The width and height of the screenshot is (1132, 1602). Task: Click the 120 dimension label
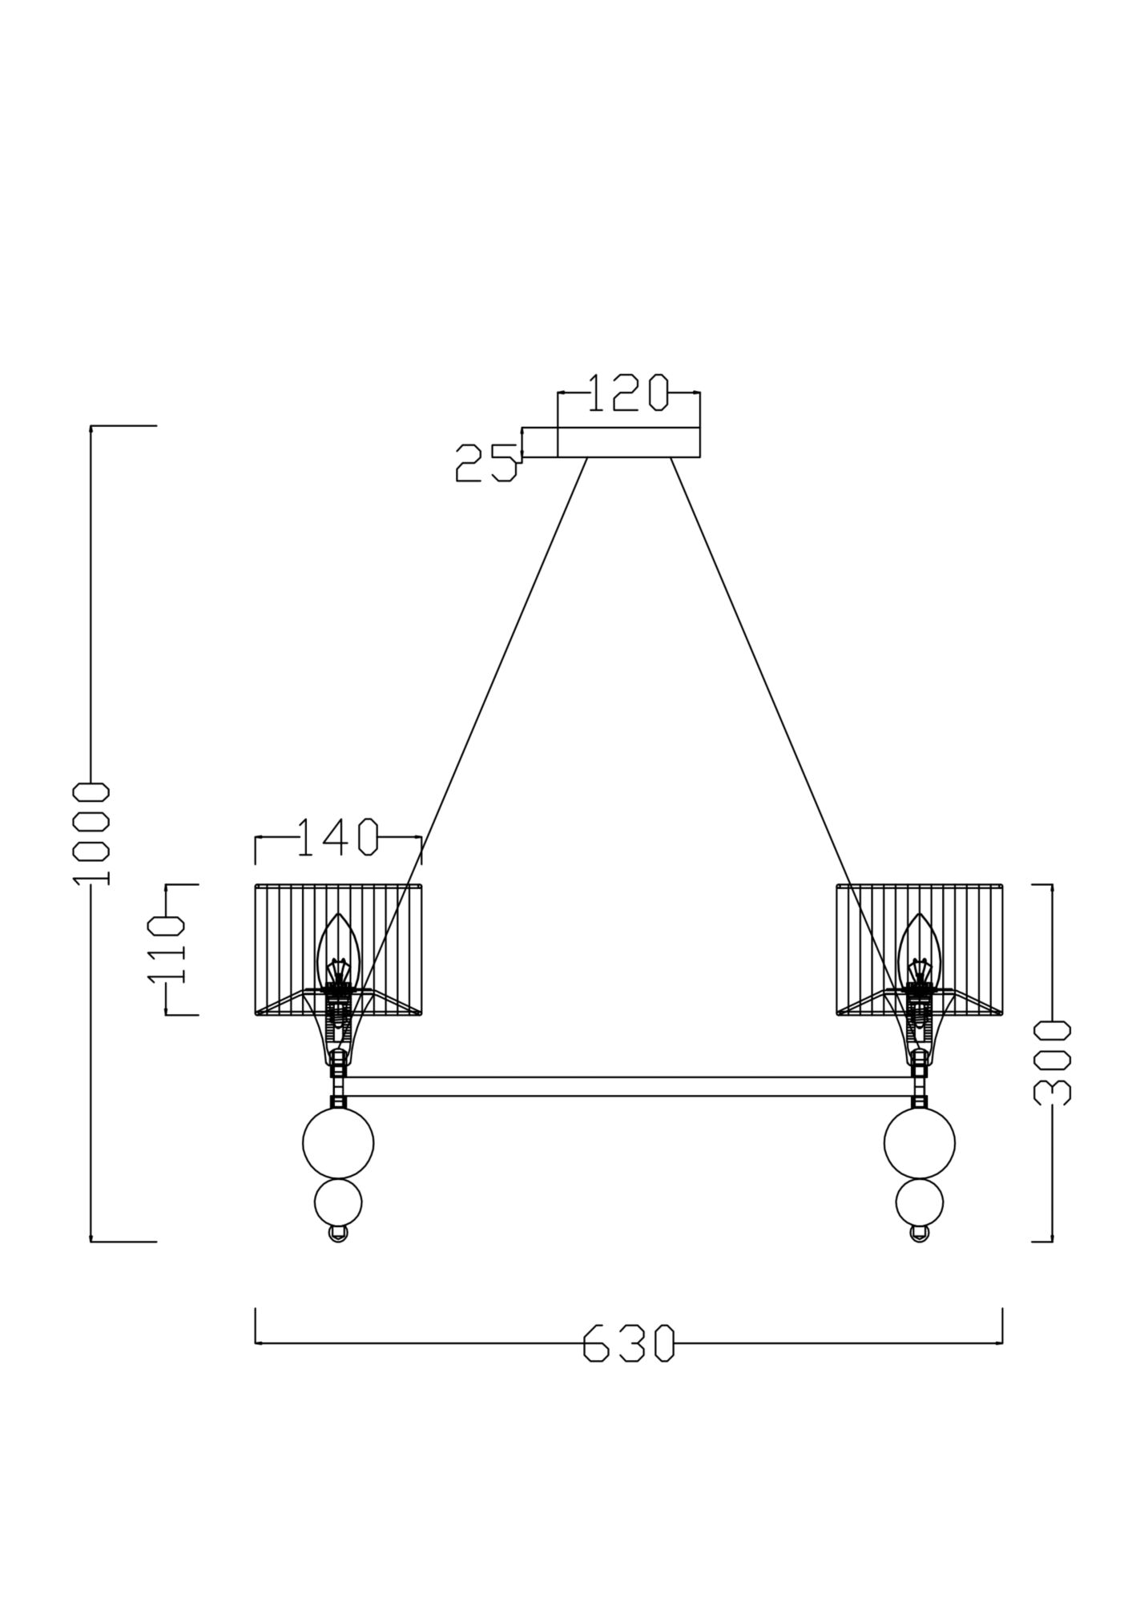point(627,393)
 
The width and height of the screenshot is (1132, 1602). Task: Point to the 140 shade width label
point(337,838)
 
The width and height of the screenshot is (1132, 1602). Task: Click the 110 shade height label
point(167,950)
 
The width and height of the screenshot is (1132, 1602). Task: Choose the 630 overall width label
point(628,1343)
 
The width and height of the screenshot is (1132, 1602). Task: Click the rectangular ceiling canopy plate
point(628,441)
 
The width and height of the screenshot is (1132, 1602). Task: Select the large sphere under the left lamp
point(338,1143)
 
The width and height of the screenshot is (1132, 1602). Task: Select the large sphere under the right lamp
point(920,1143)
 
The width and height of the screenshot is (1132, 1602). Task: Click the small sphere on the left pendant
point(338,1202)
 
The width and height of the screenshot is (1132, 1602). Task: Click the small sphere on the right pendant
point(920,1202)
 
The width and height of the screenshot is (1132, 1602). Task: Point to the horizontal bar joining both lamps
point(628,1086)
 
